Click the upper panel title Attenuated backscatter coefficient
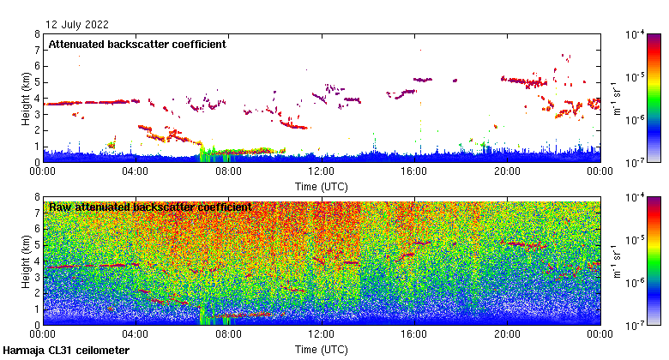click(x=137, y=45)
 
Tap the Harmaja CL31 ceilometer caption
click(x=66, y=351)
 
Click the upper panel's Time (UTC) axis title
click(x=322, y=185)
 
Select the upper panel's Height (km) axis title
click(x=27, y=98)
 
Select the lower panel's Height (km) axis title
click(x=27, y=261)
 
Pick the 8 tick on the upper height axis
click(x=36, y=34)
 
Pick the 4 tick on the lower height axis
click(x=36, y=261)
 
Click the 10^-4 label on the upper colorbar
click(x=636, y=35)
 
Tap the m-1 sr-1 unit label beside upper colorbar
click(x=616, y=98)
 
